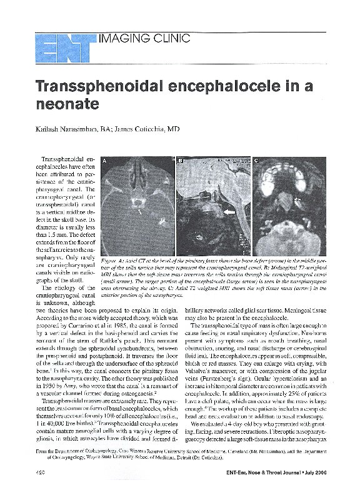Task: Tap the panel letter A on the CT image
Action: click(x=106, y=161)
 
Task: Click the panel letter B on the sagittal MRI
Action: click(x=181, y=161)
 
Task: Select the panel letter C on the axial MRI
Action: click(x=257, y=161)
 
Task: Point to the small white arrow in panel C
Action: click(x=298, y=199)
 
